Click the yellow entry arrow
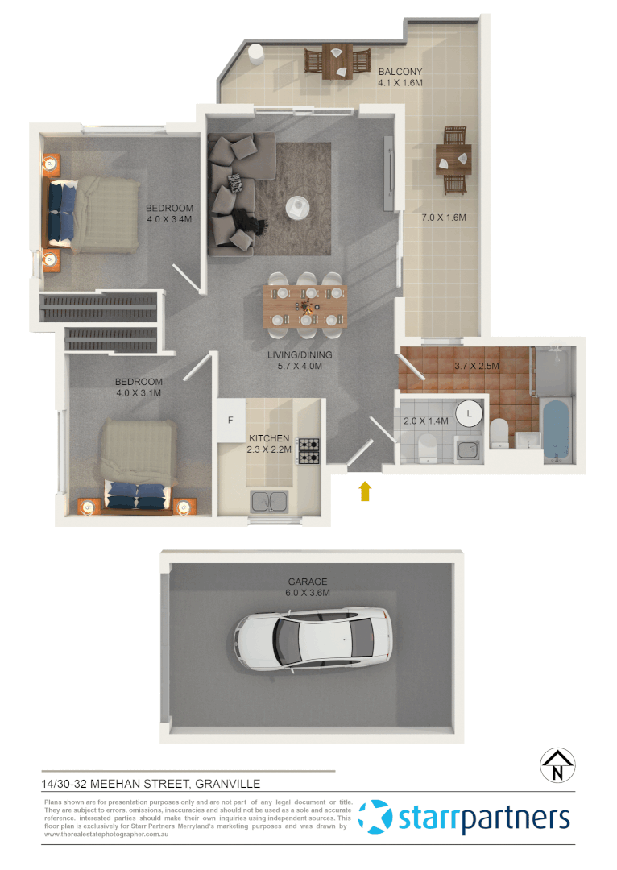click(365, 491)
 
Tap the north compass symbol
click(557, 765)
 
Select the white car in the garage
click(315, 640)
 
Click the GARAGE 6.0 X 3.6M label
click(308, 587)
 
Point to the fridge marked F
click(230, 420)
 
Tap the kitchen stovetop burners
click(309, 450)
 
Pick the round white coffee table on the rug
click(299, 208)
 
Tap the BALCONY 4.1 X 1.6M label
click(400, 77)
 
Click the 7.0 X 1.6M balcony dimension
click(445, 217)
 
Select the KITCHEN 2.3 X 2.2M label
click(269, 444)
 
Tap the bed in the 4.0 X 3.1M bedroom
click(138, 465)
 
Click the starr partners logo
click(464, 818)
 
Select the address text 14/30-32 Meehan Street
click(151, 783)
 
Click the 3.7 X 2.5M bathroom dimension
click(477, 366)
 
